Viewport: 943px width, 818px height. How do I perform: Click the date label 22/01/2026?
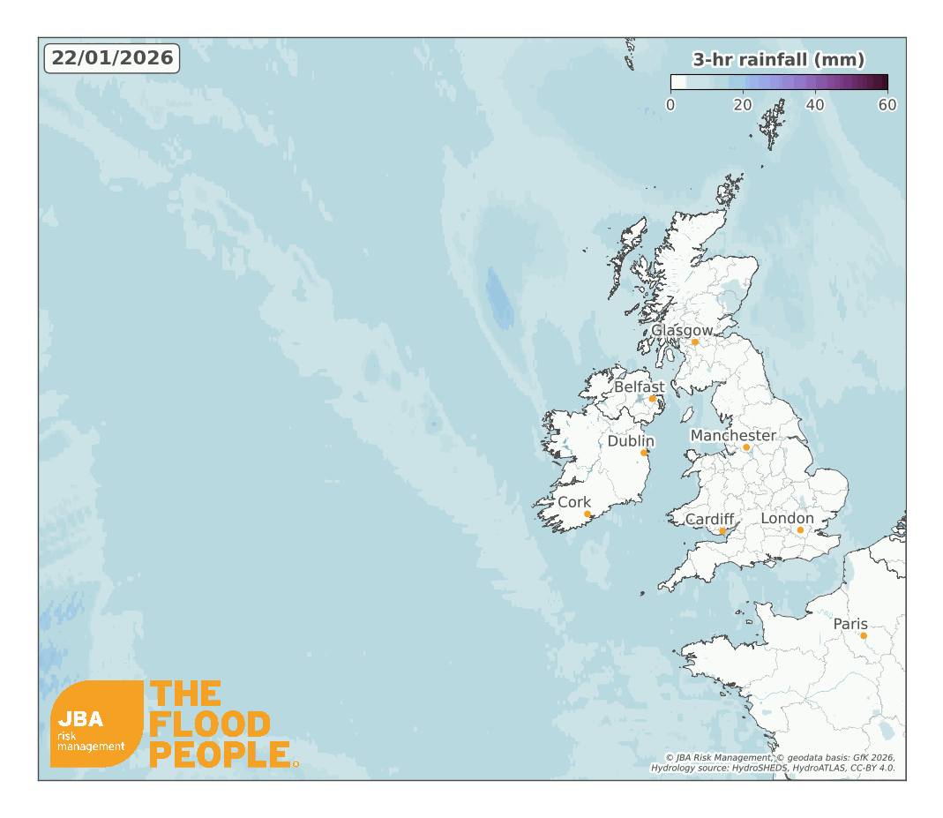pyautogui.click(x=112, y=58)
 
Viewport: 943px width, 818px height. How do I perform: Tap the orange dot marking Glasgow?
pyautogui.click(x=695, y=341)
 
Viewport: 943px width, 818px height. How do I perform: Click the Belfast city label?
pyautogui.click(x=640, y=386)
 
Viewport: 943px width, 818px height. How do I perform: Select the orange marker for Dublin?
pyautogui.click(x=644, y=453)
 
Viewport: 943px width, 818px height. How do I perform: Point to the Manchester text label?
pyautogui.click(x=733, y=436)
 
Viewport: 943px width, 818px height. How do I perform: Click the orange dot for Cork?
pyautogui.click(x=588, y=514)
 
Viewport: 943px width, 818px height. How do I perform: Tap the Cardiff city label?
pyautogui.click(x=710, y=519)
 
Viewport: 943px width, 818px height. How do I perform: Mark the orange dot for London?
pyautogui.click(x=800, y=530)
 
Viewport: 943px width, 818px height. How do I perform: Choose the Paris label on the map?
pyautogui.click(x=851, y=624)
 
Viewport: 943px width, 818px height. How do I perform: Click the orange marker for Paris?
pyautogui.click(x=864, y=635)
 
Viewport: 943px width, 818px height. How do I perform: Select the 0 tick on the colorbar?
pyautogui.click(x=670, y=105)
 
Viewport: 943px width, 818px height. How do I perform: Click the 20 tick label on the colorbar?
pyautogui.click(x=743, y=105)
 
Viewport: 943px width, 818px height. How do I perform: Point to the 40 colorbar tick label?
pyautogui.click(x=815, y=105)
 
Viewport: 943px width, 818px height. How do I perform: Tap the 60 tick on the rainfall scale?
pyautogui.click(x=887, y=105)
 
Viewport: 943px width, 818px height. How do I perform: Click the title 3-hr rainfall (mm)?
pyautogui.click(x=778, y=60)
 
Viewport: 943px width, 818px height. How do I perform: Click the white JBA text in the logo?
pyautogui.click(x=80, y=718)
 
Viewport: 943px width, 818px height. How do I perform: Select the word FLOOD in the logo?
pyautogui.click(x=209, y=724)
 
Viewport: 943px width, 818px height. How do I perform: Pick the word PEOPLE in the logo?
pyautogui.click(x=220, y=754)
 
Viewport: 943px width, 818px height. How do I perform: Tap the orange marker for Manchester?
pyautogui.click(x=746, y=447)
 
